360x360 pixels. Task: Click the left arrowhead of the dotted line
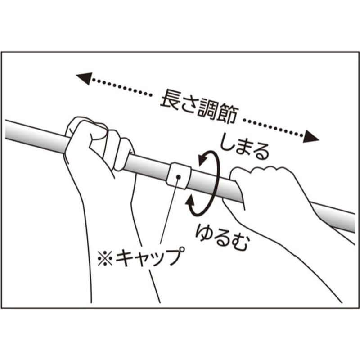click(84, 78)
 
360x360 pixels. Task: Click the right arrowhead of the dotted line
click(311, 137)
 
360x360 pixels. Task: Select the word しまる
click(244, 148)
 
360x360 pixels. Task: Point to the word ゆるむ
click(222, 237)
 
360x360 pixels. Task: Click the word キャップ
click(150, 256)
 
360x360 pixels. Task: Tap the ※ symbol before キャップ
click(105, 258)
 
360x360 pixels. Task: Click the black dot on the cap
click(178, 176)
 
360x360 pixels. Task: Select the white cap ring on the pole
click(178, 175)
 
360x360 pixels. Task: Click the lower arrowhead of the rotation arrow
click(190, 202)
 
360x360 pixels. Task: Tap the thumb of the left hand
click(99, 134)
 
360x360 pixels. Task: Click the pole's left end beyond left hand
click(6, 129)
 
